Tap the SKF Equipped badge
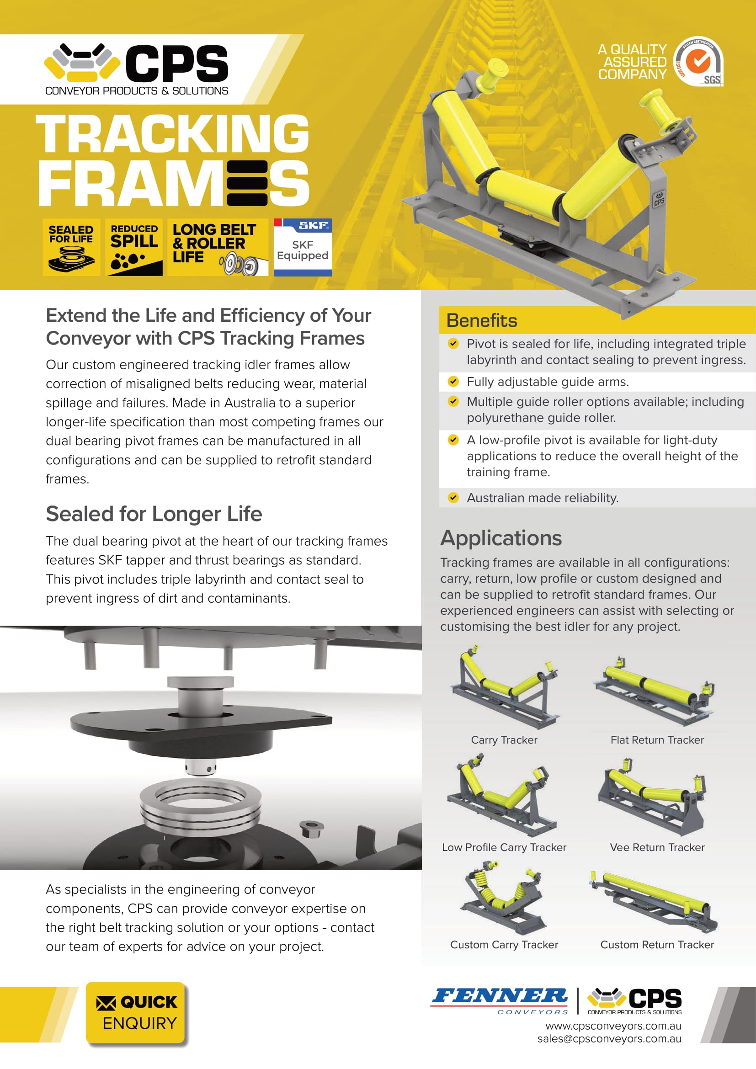(x=303, y=247)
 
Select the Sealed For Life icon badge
(x=71, y=247)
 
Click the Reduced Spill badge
(x=134, y=247)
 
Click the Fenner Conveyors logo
(x=500, y=1000)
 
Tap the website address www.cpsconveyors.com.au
(x=613, y=1026)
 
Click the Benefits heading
(x=481, y=321)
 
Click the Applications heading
(x=501, y=538)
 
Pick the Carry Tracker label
(x=504, y=740)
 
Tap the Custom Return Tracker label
(x=656, y=945)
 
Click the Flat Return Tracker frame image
(x=654, y=691)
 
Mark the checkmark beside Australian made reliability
(x=453, y=498)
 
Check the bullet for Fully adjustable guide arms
(x=453, y=382)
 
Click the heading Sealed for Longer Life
(x=154, y=514)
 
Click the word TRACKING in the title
(x=172, y=134)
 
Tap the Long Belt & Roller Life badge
(x=218, y=247)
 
